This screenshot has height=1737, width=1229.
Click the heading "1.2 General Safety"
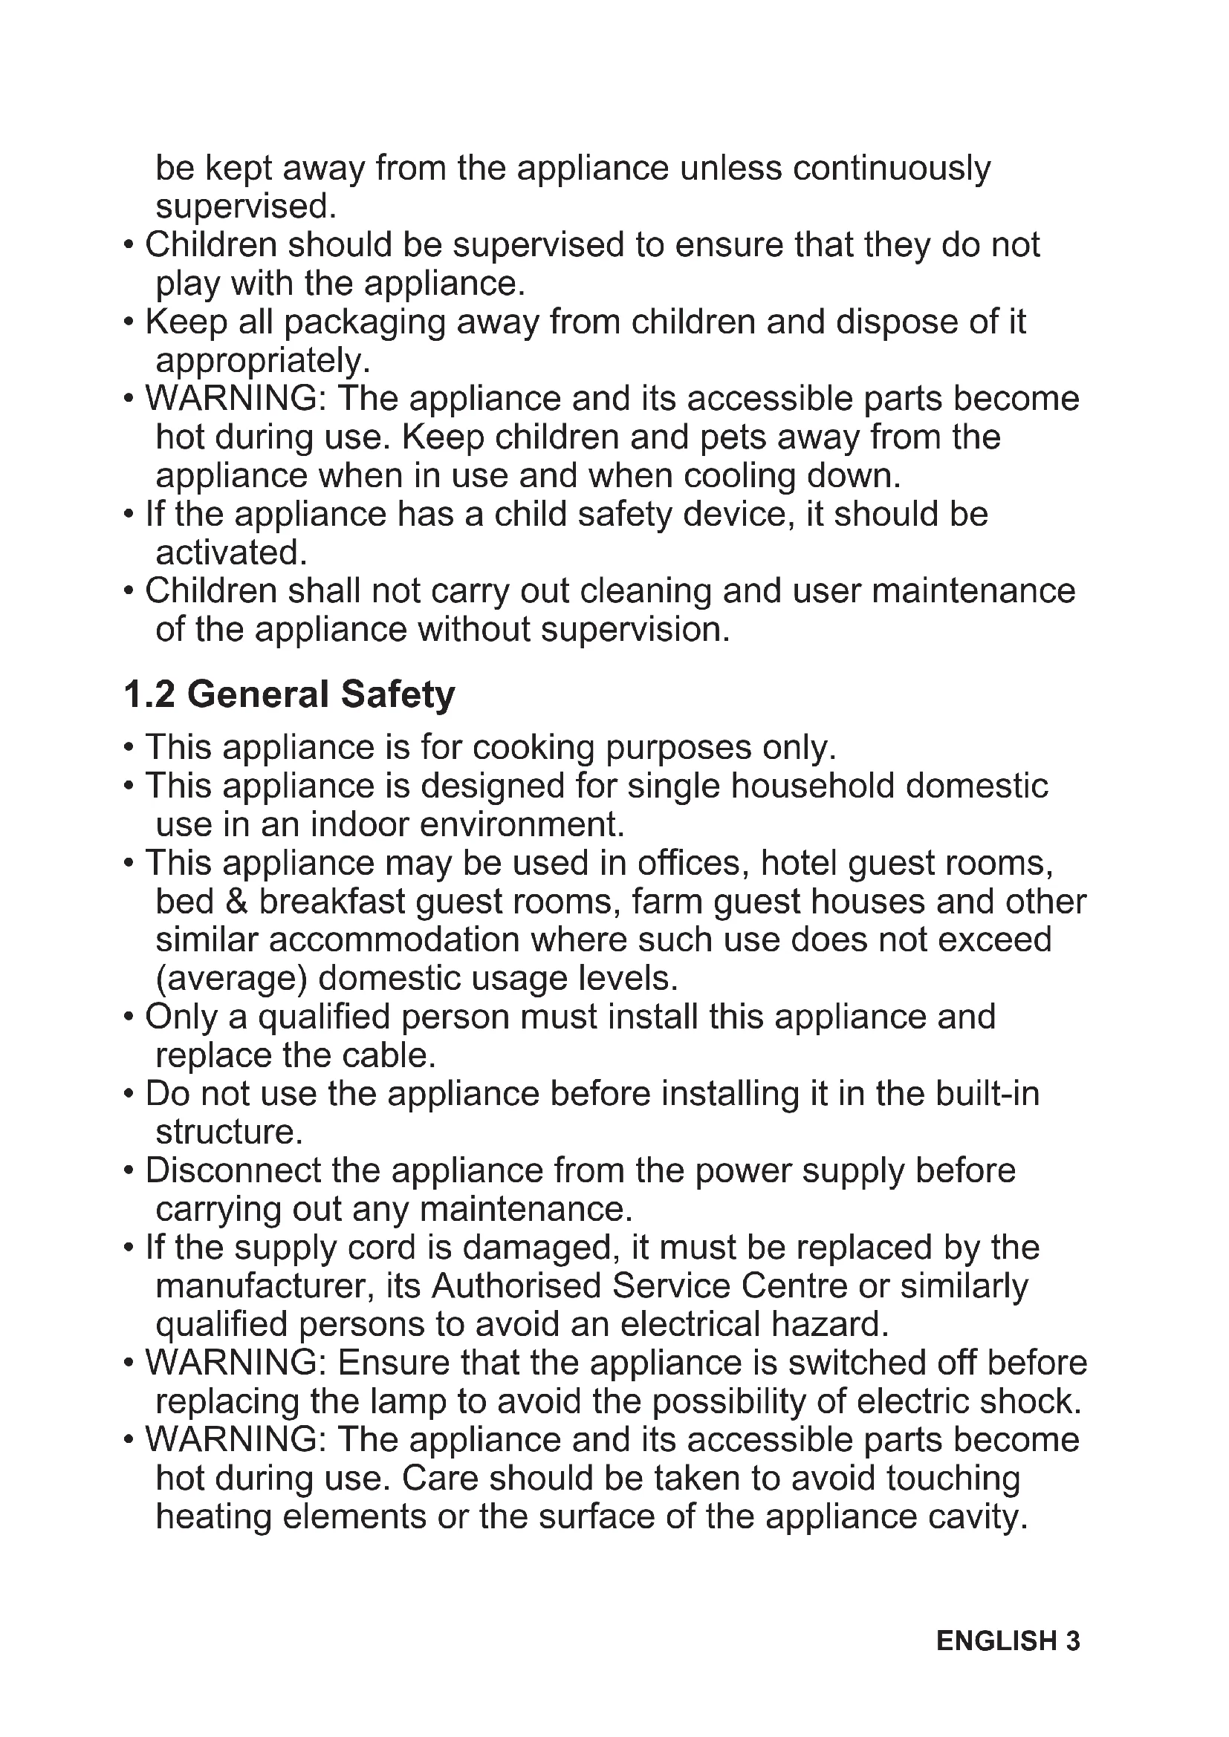[289, 694]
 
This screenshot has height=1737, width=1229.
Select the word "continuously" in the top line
[892, 168]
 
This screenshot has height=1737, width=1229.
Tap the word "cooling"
[739, 476]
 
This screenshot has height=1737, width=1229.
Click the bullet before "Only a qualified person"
[129, 1017]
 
